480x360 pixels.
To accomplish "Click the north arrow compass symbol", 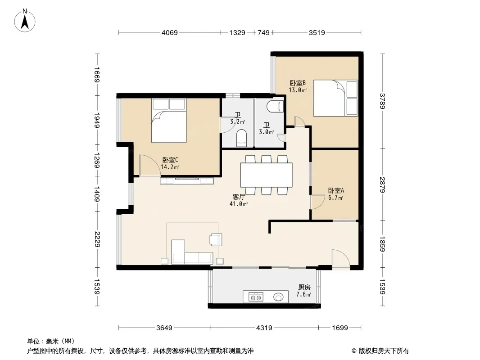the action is coord(25,21).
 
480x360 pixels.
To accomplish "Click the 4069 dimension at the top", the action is coord(170,32).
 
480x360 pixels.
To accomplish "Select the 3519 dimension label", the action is coord(317,32).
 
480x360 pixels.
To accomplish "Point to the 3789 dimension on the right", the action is coord(382,101).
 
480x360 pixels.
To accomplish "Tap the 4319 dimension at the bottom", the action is coord(264,328).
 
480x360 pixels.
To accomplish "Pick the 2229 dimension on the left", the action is coord(97,239).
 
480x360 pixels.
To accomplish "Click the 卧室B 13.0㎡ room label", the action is coord(298,86).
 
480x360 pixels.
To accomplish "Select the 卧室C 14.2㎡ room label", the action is coord(170,163).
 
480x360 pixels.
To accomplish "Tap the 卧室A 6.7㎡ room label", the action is coord(336,194).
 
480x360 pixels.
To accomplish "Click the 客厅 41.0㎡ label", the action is coord(239,200).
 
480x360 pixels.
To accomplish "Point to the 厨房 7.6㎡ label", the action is coord(304,291).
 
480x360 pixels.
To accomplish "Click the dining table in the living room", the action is coord(266,175).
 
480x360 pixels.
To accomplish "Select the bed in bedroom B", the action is coord(335,98).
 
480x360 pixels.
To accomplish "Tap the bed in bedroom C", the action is coord(169,121).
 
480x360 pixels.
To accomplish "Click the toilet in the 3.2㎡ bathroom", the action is coord(241,138).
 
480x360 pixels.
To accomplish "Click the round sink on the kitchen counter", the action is coord(278,297).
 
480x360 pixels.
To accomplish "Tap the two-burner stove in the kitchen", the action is coord(256,297).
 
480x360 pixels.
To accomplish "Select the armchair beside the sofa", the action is coord(216,239).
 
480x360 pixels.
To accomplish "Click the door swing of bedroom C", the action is coord(149,165).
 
